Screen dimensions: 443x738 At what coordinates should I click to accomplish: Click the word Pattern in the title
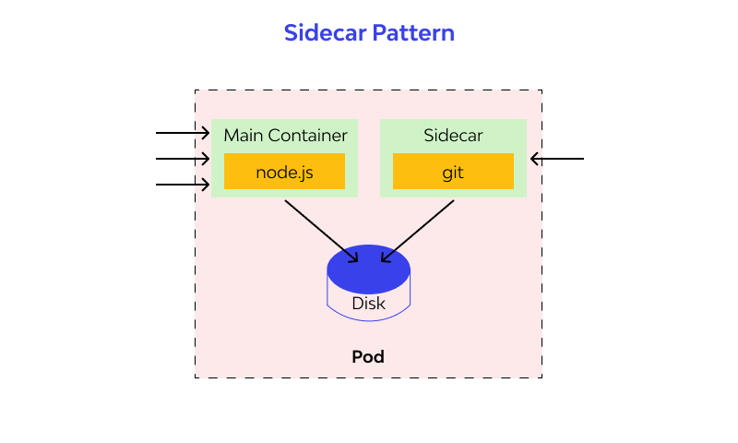tap(413, 33)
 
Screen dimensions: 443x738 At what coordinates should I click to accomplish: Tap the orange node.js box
tap(284, 172)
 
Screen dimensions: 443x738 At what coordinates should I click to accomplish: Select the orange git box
tap(453, 172)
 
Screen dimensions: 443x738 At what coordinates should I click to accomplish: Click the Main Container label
tap(285, 136)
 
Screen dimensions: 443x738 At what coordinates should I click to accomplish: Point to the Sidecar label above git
tap(453, 136)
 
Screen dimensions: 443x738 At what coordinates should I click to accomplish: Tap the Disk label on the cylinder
tap(369, 303)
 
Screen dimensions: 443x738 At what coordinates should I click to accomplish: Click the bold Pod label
tap(368, 356)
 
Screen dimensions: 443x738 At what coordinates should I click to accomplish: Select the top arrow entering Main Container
tap(182, 133)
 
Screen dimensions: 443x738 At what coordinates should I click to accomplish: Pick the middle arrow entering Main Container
tap(182, 159)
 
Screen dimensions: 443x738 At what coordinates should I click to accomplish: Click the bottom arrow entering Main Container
tap(182, 185)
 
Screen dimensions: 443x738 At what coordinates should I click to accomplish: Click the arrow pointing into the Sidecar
tap(558, 159)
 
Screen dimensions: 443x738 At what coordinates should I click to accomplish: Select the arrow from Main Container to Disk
tap(321, 231)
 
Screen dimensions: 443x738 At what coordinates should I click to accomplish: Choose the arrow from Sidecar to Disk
tap(418, 231)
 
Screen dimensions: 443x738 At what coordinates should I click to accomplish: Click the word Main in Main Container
tap(244, 136)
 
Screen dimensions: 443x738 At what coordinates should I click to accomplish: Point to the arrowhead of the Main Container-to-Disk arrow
tap(354, 259)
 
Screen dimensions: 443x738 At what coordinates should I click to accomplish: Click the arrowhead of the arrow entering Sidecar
tap(534, 159)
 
